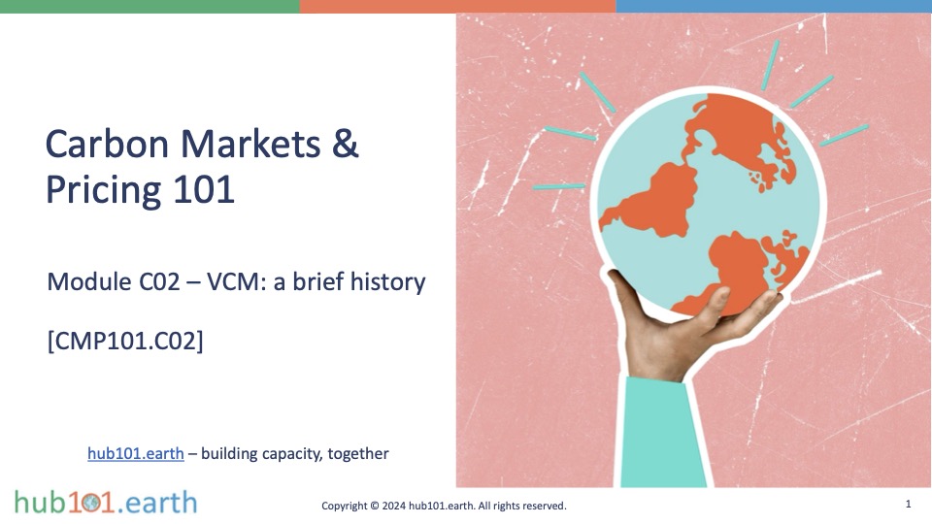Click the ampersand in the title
click(x=346, y=144)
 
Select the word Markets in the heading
click(x=250, y=144)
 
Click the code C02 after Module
click(x=159, y=281)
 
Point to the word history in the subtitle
click(x=388, y=281)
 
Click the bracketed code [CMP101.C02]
click(x=125, y=341)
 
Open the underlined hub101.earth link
click(x=136, y=453)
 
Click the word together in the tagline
click(x=358, y=454)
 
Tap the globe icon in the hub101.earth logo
click(x=91, y=503)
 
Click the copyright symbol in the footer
click(x=375, y=506)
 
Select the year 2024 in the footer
click(x=394, y=506)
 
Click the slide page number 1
click(x=909, y=504)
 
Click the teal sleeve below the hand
click(x=660, y=433)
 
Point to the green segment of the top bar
click(x=150, y=6)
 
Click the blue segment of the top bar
click(x=774, y=6)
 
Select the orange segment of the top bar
click(x=457, y=6)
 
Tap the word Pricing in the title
click(x=103, y=190)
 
